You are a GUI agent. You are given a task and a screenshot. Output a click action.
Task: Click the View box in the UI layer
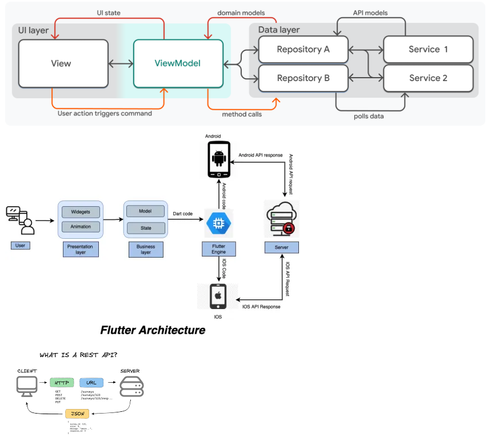point(63,63)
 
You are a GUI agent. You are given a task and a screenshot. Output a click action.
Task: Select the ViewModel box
point(177,63)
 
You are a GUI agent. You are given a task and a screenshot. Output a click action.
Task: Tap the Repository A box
point(303,50)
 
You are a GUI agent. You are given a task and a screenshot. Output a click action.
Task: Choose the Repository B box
point(303,78)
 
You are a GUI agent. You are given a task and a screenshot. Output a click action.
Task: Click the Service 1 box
point(428,50)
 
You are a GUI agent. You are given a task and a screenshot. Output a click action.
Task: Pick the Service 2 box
point(428,78)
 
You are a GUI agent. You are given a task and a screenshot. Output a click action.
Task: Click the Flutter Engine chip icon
point(219,223)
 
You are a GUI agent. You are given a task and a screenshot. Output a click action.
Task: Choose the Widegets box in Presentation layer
point(80,211)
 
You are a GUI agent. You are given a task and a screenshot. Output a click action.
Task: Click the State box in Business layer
point(145,228)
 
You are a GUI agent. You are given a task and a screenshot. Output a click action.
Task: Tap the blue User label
point(19,245)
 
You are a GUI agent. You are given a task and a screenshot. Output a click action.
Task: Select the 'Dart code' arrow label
point(183,214)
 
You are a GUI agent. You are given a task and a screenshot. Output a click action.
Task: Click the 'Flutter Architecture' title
point(153,330)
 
